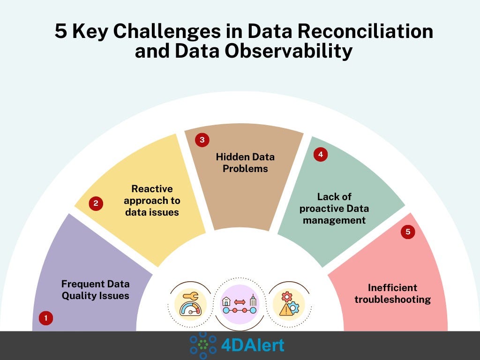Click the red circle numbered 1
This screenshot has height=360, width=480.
[45, 318]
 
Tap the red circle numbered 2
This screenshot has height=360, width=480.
[96, 203]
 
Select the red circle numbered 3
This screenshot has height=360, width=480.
[202, 140]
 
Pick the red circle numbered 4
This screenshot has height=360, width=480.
[321, 154]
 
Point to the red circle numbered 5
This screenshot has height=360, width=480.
[408, 232]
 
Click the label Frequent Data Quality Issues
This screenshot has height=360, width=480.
[95, 290]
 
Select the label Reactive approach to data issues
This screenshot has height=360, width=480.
[152, 201]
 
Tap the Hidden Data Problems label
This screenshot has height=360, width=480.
[245, 162]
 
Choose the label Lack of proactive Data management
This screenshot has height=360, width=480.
[334, 208]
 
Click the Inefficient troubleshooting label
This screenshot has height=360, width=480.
[392, 293]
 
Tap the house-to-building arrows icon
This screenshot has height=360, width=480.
[240, 304]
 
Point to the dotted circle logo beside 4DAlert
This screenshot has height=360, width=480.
[203, 345]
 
